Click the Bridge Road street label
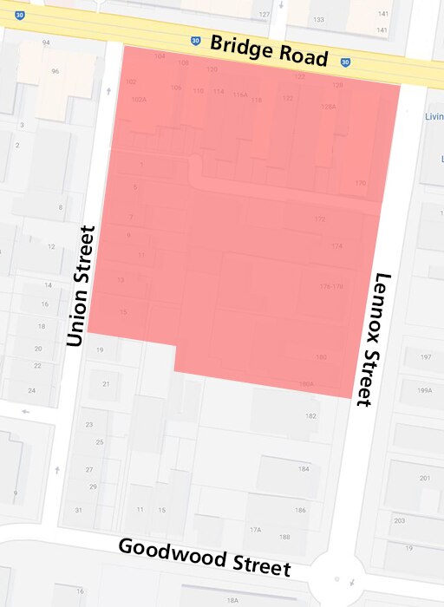point(269,52)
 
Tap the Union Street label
point(80,286)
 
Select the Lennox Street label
point(374,339)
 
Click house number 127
point(264,16)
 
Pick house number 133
point(319,20)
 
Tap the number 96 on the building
point(55,71)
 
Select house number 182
point(310,416)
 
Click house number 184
point(304,469)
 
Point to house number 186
point(300,511)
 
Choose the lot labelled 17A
point(256,529)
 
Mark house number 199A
point(424,390)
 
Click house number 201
point(424,478)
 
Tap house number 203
point(399,520)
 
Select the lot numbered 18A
point(232,600)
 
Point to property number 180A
point(305,384)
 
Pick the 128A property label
point(328,106)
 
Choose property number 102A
point(139,100)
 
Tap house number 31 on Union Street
point(78,510)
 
